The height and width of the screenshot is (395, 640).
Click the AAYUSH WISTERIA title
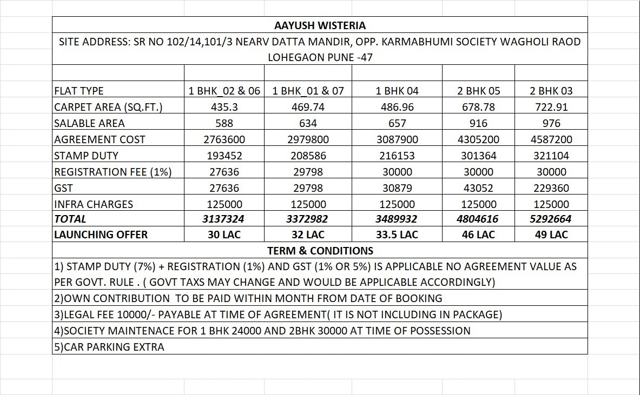click(320, 25)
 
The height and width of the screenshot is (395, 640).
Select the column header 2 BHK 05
click(478, 91)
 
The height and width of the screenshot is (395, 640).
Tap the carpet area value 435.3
click(224, 107)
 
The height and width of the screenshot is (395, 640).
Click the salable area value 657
click(397, 123)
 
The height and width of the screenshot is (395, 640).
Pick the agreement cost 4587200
click(551, 139)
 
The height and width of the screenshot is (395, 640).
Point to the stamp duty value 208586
click(308, 156)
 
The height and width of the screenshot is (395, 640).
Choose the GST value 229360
click(551, 188)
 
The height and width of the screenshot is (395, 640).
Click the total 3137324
click(224, 219)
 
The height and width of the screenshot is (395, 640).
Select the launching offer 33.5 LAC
click(397, 235)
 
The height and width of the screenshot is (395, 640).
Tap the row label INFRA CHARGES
click(94, 204)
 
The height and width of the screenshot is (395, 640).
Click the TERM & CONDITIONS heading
click(320, 251)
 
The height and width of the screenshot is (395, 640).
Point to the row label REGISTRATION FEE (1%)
click(113, 172)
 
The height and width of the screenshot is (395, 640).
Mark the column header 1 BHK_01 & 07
click(308, 91)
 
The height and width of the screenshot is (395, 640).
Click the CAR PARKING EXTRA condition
click(109, 346)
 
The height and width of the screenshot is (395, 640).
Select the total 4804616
click(478, 219)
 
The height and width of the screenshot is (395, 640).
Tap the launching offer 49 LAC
click(551, 235)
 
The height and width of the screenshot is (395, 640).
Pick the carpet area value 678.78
click(478, 107)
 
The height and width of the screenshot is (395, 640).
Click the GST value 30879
click(397, 188)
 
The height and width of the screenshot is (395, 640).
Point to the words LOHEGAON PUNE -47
click(320, 57)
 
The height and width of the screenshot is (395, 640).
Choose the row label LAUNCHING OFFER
click(101, 235)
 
